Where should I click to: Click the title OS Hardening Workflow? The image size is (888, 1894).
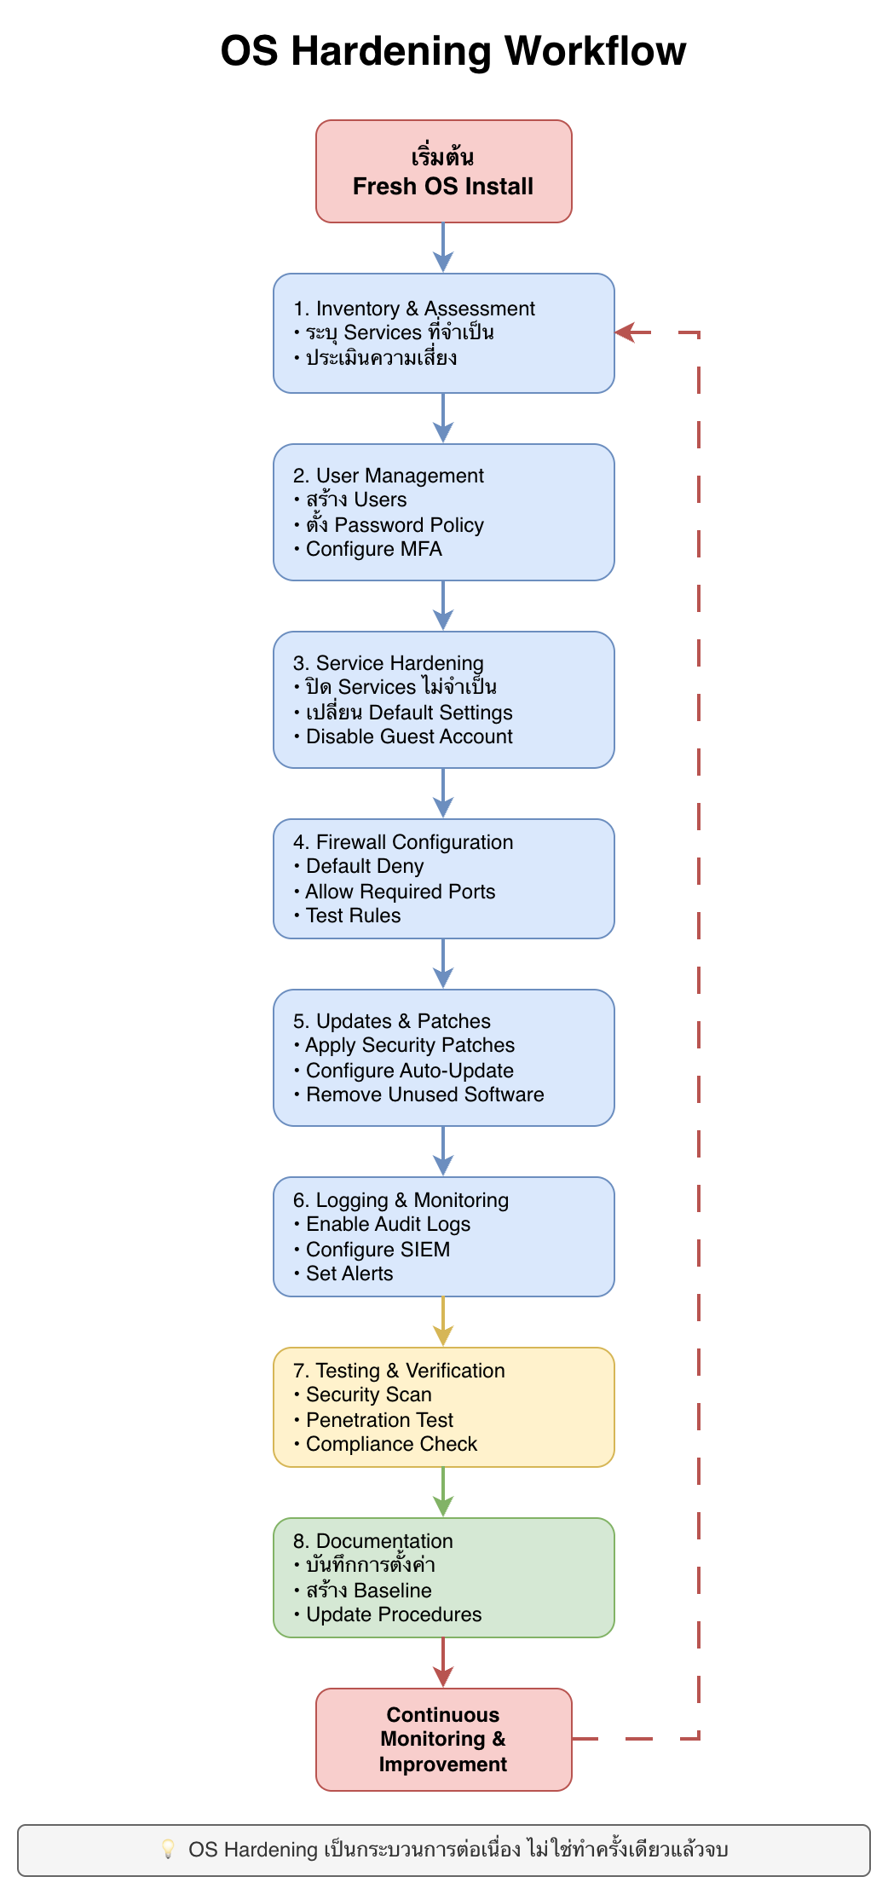453,51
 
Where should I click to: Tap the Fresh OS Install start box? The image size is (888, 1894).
443,171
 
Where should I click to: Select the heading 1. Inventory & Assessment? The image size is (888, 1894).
414,309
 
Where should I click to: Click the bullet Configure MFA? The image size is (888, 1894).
373,549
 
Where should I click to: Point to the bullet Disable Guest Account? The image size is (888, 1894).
409,736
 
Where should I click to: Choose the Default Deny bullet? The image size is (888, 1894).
364,866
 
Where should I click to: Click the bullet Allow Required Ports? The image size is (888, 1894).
400,892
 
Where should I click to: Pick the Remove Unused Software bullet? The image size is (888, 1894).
424,1094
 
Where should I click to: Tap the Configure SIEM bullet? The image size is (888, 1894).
378,1250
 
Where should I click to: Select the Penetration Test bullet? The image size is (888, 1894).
379,1420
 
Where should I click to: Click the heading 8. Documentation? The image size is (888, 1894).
373,1541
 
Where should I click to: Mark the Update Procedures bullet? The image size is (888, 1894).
393,1614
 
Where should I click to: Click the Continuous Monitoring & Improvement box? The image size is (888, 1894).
443,1739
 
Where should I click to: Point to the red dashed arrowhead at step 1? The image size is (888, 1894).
626,332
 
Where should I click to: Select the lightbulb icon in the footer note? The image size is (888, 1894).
168,1849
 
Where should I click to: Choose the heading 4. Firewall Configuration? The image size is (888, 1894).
403,842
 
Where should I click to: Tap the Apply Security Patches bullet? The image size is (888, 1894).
410,1045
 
